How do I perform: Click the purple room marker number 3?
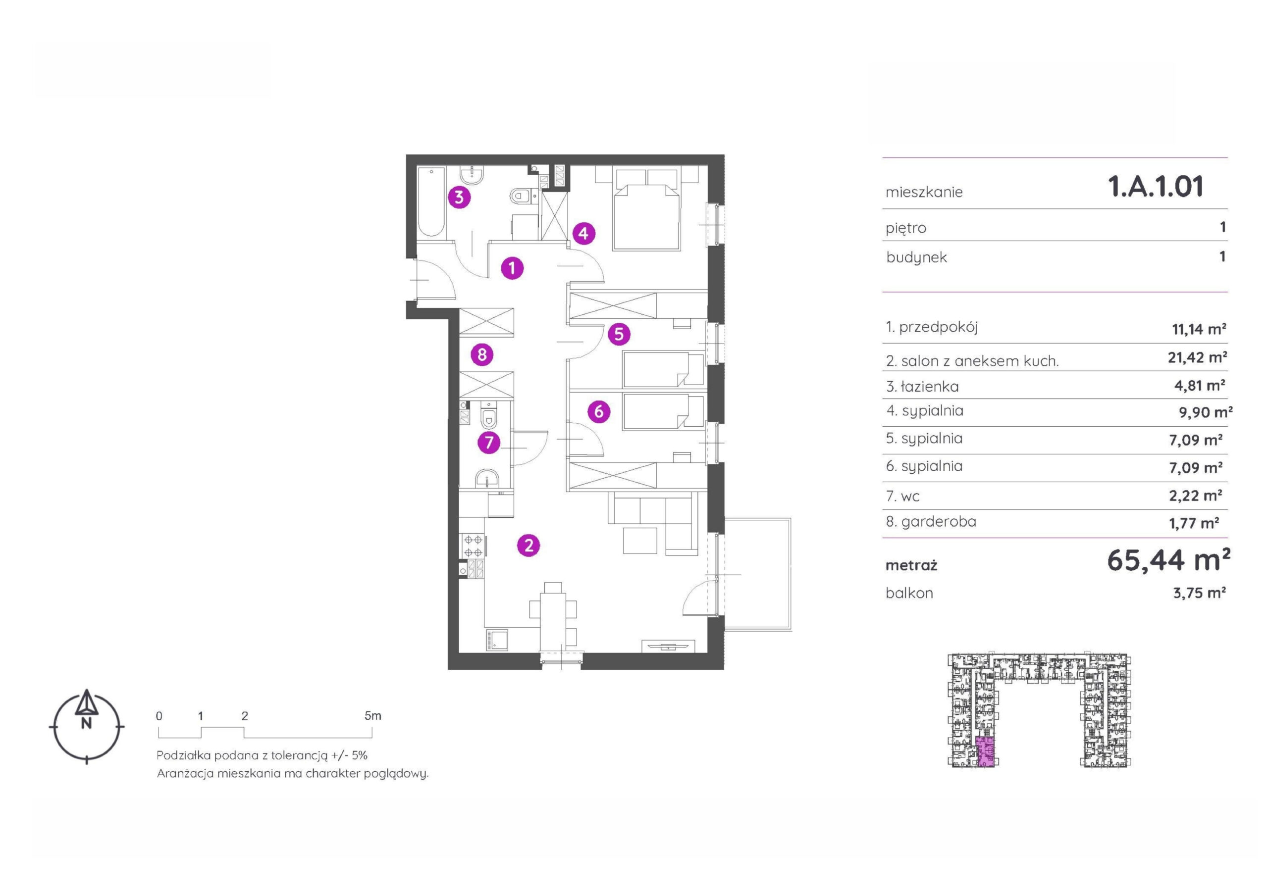tap(459, 197)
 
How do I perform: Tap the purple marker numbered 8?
tap(481, 354)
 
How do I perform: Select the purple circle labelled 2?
tap(528, 546)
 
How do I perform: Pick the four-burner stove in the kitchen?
tap(474, 545)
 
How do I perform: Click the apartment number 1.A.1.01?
tap(1156, 187)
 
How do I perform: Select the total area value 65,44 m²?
tap(1168, 561)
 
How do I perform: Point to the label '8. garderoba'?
tap(931, 522)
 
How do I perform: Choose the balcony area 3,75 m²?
tap(1200, 593)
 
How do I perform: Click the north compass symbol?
tap(87, 726)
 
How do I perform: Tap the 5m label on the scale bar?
tap(373, 716)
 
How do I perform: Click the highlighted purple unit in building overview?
tap(985, 752)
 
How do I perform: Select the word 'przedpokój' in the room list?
tap(938, 328)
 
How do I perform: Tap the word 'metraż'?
tap(911, 566)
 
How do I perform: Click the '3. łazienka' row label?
tap(922, 387)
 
